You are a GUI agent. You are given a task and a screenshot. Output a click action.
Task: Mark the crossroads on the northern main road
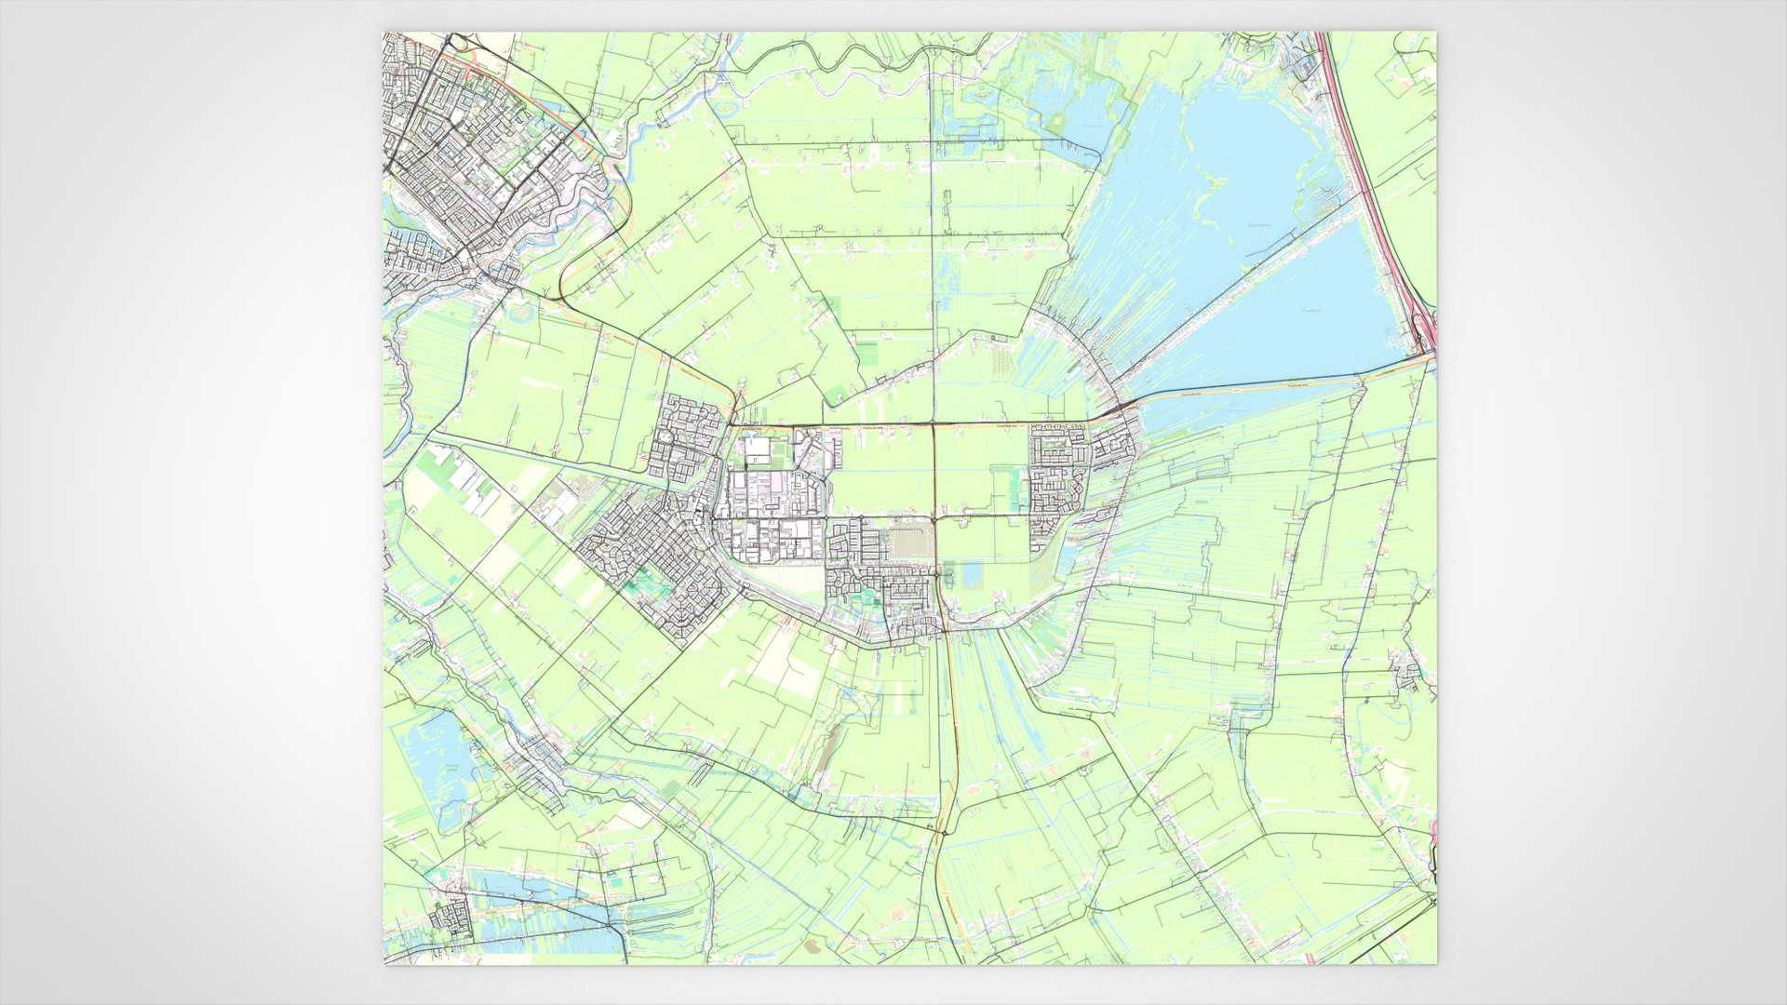tap(934, 426)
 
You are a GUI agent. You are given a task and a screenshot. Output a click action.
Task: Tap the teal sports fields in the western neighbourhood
tap(640, 583)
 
